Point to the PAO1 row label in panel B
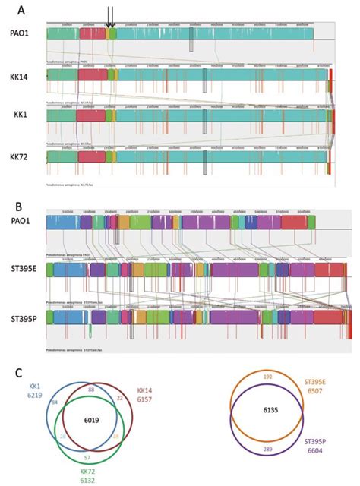pyautogui.click(x=21, y=222)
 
